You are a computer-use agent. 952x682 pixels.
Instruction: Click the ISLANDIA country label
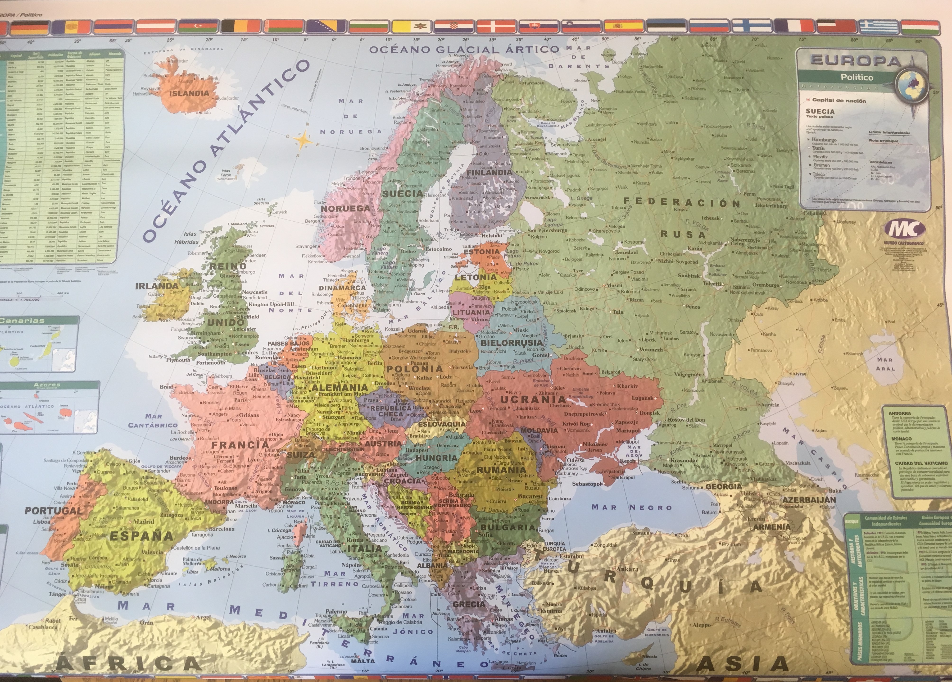tap(189, 93)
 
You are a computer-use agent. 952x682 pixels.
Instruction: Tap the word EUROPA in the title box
tap(856, 61)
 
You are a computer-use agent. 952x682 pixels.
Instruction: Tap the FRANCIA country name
tap(240, 445)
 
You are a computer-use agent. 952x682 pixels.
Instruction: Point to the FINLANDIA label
tap(490, 172)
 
